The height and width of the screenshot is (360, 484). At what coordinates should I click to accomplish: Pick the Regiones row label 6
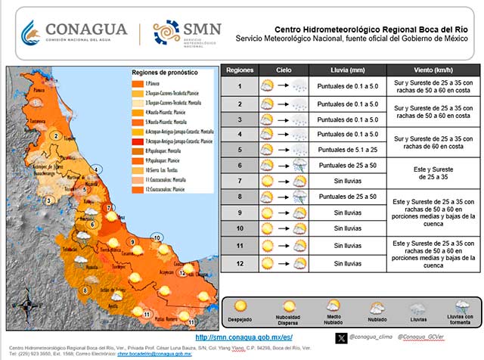click(x=239, y=165)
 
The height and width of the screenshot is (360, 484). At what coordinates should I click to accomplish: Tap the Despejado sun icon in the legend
click(x=241, y=306)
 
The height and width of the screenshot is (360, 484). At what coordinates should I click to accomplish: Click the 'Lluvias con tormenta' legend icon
click(x=463, y=306)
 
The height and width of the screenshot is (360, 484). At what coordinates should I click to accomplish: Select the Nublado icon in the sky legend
click(x=376, y=306)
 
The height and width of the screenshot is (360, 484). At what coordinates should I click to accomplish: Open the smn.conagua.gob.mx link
click(x=233, y=337)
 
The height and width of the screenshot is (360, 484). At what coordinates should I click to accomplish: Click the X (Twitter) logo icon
click(x=341, y=337)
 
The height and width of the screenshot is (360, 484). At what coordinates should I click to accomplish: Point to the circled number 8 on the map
click(x=85, y=290)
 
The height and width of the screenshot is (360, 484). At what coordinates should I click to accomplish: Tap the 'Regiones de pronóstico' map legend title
click(x=165, y=72)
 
